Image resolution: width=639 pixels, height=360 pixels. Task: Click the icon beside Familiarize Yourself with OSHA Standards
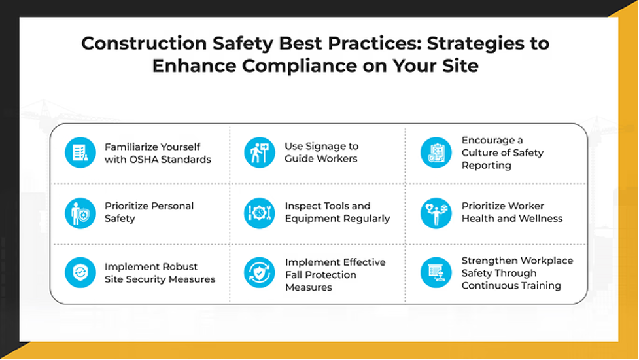(x=80, y=153)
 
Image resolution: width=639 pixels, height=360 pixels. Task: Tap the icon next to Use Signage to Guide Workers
(x=260, y=153)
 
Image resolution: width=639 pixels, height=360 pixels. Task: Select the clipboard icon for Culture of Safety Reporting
(x=436, y=153)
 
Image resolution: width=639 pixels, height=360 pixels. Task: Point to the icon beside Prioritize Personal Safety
(x=80, y=213)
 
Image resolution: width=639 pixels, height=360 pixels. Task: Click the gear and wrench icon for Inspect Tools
(x=260, y=213)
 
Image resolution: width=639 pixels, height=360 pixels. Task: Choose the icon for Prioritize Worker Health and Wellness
(x=436, y=213)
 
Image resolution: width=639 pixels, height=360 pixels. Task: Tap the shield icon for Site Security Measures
(x=80, y=272)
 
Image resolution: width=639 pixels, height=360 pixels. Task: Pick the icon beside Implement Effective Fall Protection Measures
(x=260, y=272)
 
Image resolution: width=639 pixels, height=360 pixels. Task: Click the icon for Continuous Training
(x=436, y=272)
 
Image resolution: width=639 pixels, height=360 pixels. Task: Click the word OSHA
(x=141, y=160)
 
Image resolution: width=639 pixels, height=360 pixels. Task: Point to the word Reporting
(x=487, y=166)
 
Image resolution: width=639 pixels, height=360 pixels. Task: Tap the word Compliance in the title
(x=300, y=65)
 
